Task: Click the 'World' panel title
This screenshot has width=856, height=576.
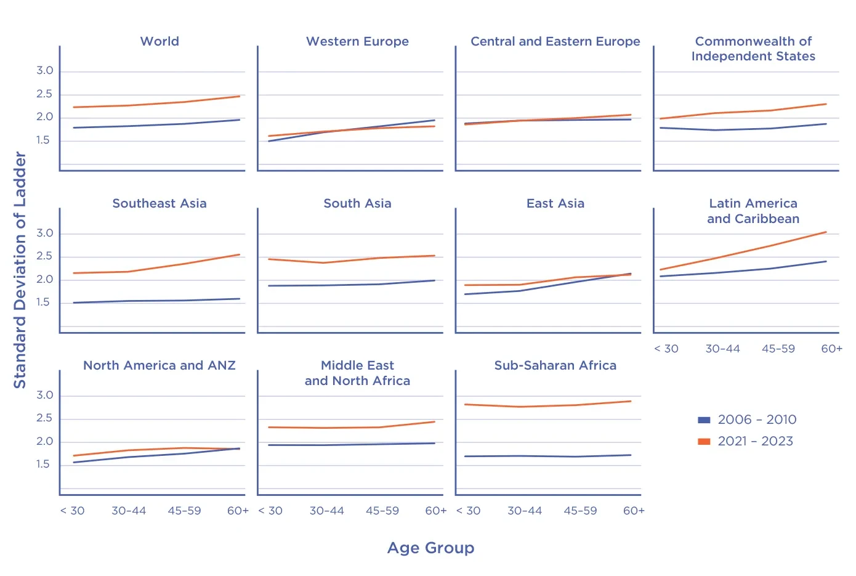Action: click(159, 41)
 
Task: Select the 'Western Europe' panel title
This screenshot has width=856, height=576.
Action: click(357, 41)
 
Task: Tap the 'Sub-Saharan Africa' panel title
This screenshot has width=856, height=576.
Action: click(555, 365)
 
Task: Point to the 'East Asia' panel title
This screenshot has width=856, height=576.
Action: click(555, 203)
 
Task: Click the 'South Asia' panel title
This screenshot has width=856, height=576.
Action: click(357, 203)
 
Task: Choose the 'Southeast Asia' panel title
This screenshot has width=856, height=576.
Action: click(159, 203)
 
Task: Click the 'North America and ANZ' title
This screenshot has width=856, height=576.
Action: click(159, 365)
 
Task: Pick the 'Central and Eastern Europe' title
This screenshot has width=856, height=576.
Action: click(555, 41)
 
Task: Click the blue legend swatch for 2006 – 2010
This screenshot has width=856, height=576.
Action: click(704, 420)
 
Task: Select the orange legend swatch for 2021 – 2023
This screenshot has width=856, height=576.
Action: click(704, 441)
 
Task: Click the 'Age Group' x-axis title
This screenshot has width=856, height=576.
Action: click(430, 548)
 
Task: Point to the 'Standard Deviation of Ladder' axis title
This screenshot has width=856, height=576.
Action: click(20, 270)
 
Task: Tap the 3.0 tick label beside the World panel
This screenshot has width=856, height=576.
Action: click(44, 71)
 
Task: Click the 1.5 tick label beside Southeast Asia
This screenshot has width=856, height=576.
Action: click(44, 302)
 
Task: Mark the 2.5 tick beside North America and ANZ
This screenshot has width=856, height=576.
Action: click(44, 418)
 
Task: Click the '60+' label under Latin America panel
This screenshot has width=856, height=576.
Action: click(831, 349)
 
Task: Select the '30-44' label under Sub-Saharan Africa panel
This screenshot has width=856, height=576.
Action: click(525, 511)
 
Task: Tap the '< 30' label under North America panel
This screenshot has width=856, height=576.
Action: click(73, 511)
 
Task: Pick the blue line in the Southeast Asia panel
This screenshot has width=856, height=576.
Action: click(154, 301)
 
